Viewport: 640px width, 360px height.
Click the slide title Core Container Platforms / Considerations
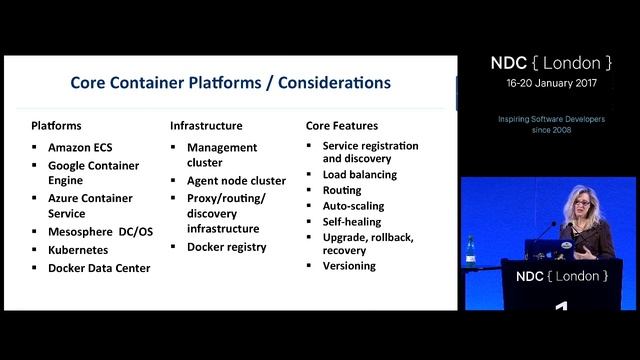coord(230,82)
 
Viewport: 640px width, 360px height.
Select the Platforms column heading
coord(56,126)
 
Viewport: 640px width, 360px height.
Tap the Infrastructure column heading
coord(206,126)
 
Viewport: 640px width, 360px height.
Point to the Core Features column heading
coord(341,126)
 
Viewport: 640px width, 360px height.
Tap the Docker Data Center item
coord(99,267)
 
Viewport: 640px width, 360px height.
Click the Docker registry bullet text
coord(227,246)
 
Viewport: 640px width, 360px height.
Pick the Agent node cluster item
coord(236,181)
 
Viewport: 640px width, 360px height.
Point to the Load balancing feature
coord(359,174)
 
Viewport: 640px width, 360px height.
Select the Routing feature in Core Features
coord(342,189)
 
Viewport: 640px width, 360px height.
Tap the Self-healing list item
coord(352,221)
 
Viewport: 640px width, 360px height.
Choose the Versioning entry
coord(349,266)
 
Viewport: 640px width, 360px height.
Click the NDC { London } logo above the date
coord(549,63)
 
